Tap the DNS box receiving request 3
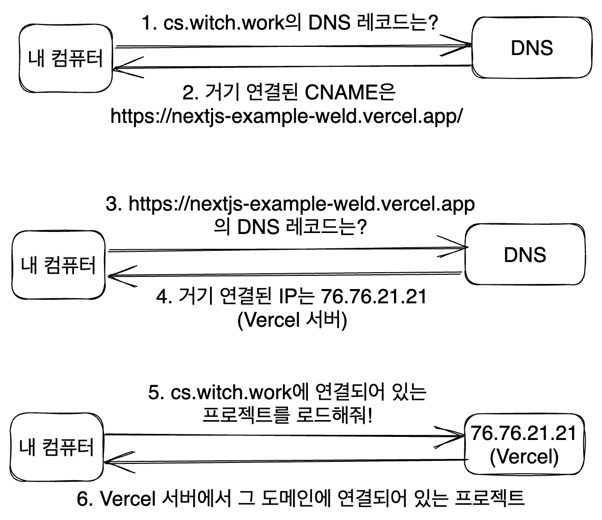pos(524,254)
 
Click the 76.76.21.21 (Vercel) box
pos(524,445)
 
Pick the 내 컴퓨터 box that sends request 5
pos(57,447)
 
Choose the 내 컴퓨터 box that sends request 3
pos(58,265)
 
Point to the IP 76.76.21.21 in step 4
pos(373,297)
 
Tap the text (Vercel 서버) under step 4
pos(292,321)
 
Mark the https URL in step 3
pos(301,204)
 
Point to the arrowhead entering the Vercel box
pos(456,435)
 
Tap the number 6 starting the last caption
pos(84,499)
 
